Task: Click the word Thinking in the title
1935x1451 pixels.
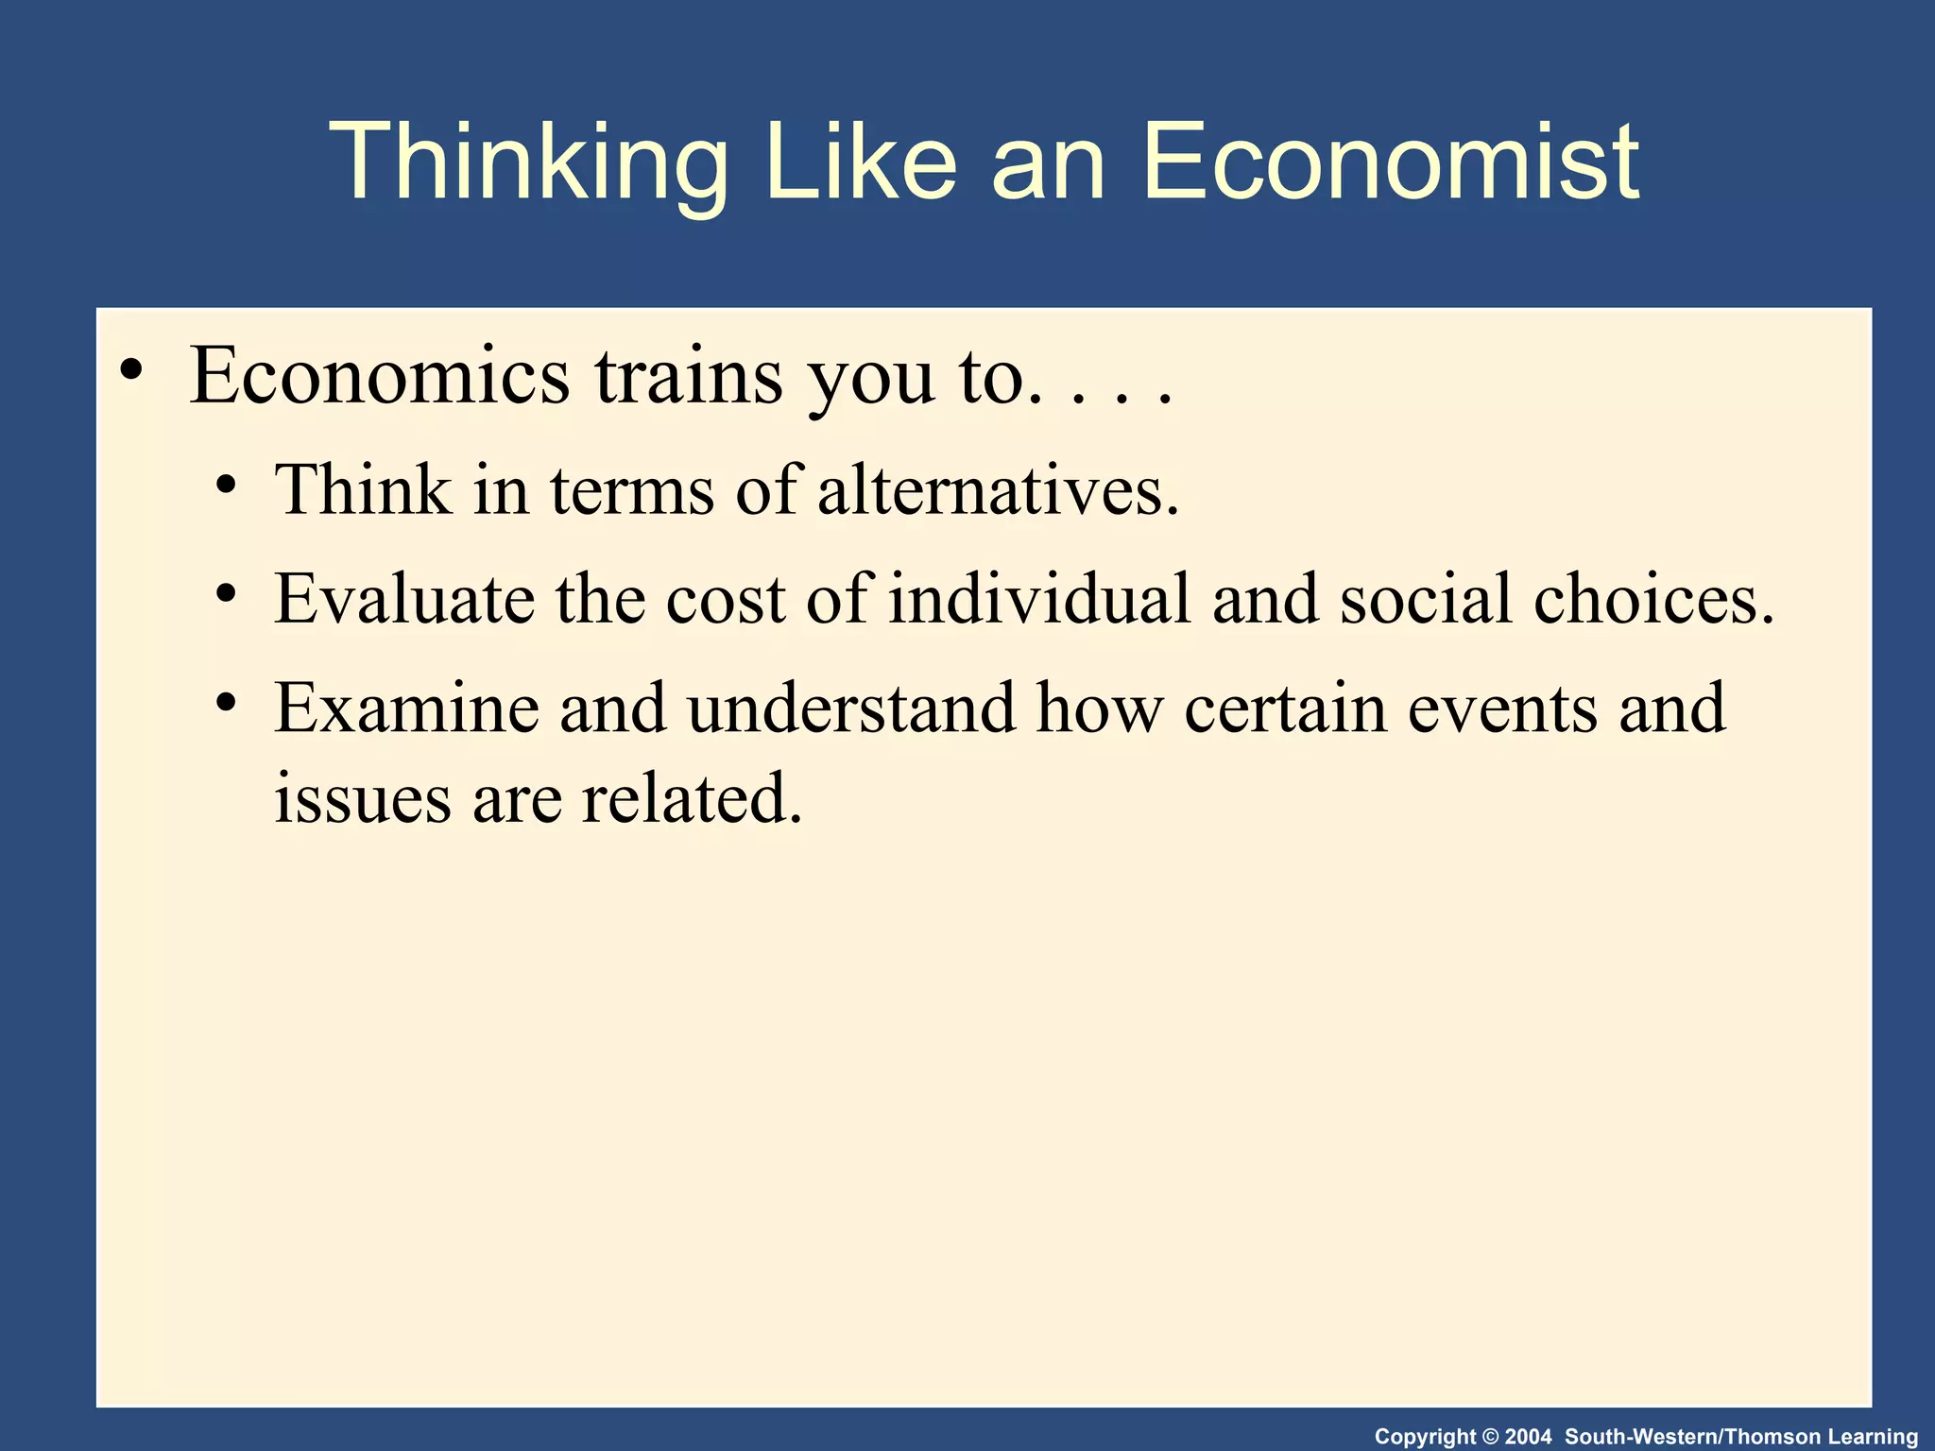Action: (x=529, y=162)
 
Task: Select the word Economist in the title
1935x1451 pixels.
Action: (x=1391, y=162)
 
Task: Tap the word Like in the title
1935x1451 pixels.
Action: (x=861, y=162)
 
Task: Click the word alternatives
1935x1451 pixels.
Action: (x=998, y=490)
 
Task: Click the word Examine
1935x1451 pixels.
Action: (x=406, y=708)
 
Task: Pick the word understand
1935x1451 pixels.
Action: (x=850, y=708)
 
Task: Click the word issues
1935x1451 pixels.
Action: (x=362, y=798)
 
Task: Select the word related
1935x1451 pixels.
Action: (x=691, y=798)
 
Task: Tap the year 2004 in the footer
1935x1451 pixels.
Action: (x=1528, y=1437)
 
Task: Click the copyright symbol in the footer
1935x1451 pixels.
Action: (x=1490, y=1437)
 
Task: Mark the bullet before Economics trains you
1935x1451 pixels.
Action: (x=131, y=369)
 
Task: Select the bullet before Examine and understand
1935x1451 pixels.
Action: (x=225, y=702)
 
